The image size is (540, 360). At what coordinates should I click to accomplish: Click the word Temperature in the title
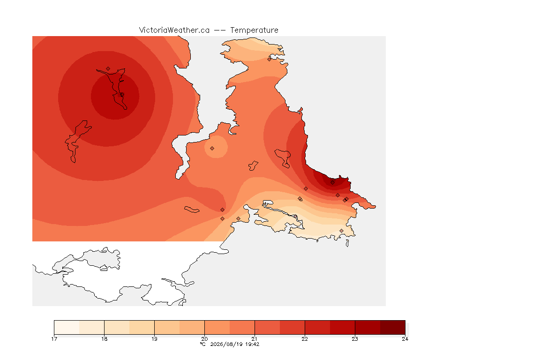coord(254,30)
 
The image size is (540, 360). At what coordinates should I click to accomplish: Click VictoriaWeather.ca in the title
coord(174,30)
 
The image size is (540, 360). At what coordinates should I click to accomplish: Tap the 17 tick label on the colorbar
coord(54,339)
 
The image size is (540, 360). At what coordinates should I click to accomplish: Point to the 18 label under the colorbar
coord(105,339)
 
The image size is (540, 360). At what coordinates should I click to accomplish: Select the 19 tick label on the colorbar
coord(154,339)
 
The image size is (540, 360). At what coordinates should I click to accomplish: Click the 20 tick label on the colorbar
coord(204,339)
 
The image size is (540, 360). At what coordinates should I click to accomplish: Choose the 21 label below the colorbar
coord(255,339)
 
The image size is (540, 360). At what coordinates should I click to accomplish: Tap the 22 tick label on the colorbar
coord(305,339)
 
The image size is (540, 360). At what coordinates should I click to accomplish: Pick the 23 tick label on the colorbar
coord(355,339)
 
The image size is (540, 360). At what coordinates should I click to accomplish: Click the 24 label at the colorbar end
coord(405,339)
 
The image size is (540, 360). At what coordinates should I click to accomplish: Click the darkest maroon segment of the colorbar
coord(393,327)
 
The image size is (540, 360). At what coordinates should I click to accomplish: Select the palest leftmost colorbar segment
coord(67,327)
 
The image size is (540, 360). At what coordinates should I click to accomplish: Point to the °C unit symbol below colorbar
coord(203,344)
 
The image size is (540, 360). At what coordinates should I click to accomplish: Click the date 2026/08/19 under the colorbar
coord(226,344)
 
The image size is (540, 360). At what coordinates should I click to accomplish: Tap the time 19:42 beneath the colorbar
coord(253,344)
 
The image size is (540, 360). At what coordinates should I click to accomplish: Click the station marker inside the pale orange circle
coord(212,149)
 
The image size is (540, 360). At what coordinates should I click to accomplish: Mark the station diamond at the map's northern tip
coord(270,59)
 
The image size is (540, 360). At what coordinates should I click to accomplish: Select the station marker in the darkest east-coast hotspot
coord(332,183)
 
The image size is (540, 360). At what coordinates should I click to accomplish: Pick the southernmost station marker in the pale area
coord(341,231)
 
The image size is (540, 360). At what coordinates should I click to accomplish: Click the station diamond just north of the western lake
coord(108,69)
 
